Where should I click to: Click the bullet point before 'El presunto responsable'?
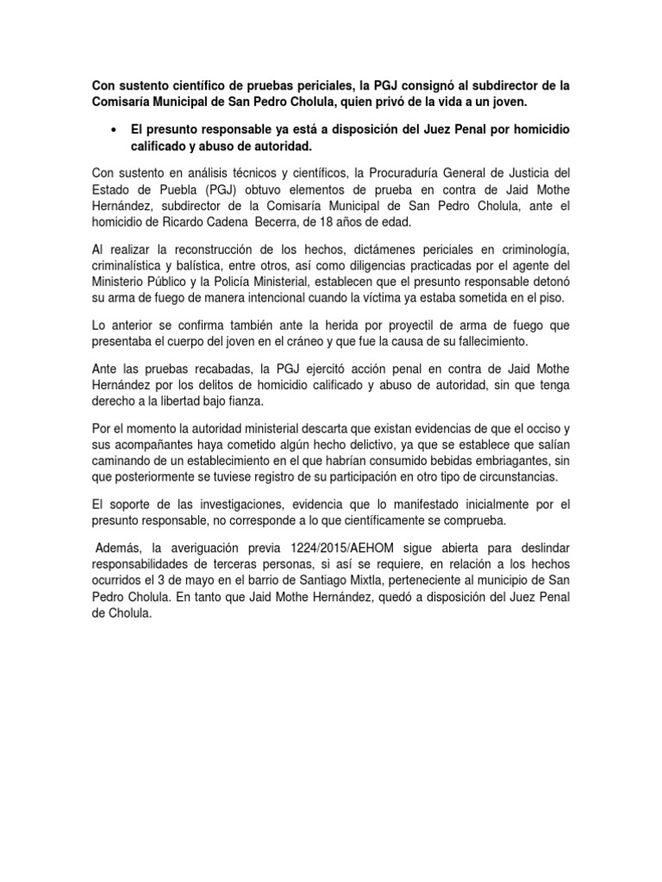(115, 128)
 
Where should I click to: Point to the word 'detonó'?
(546, 281)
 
